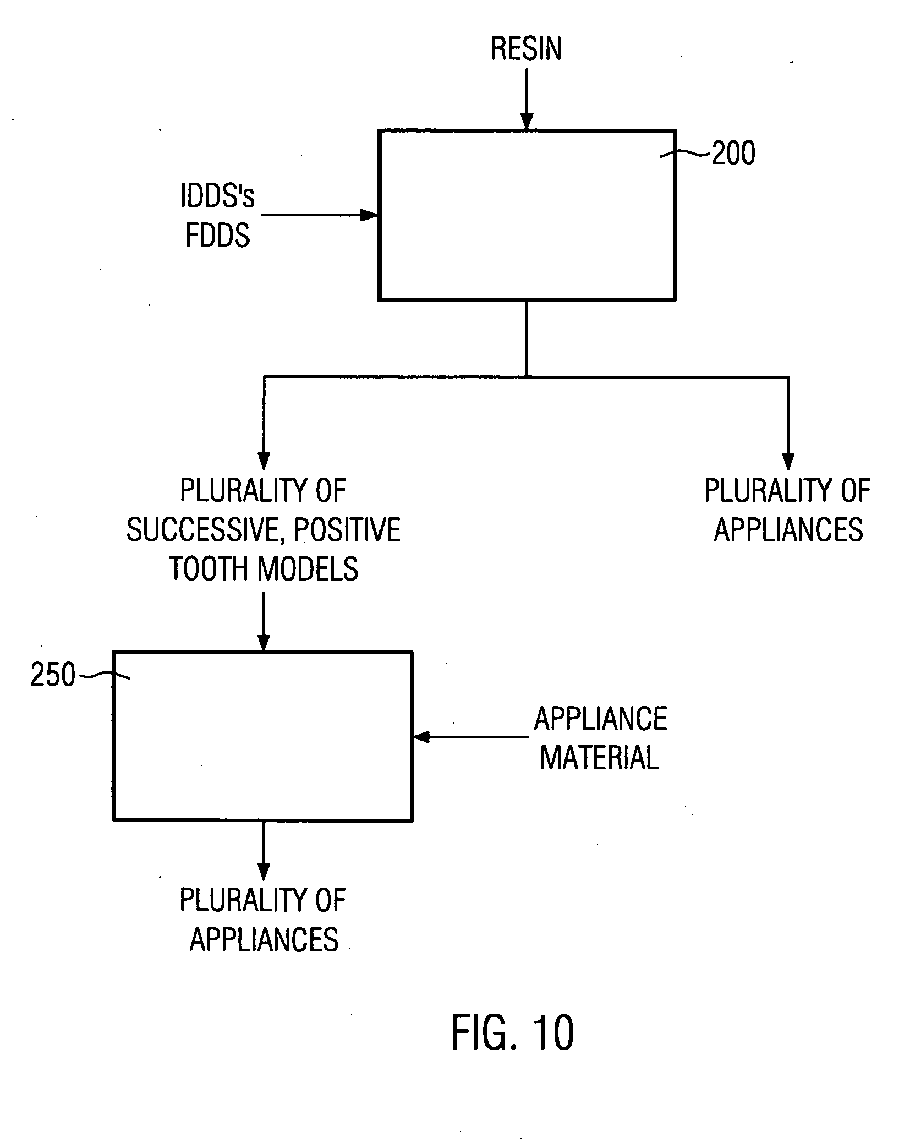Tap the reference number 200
pyautogui.click(x=733, y=153)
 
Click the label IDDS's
pyautogui.click(x=218, y=196)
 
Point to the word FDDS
pyautogui.click(x=218, y=235)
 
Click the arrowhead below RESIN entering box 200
pyautogui.click(x=527, y=121)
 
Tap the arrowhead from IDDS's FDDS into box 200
pyautogui.click(x=369, y=215)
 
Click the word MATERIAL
pyautogui.click(x=600, y=758)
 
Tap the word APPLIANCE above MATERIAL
pyautogui.click(x=601, y=719)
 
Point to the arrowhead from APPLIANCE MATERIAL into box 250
pyautogui.click(x=421, y=737)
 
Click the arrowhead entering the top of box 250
pyautogui.click(x=264, y=643)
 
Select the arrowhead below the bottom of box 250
pyautogui.click(x=264, y=872)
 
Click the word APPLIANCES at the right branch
pyautogui.click(x=788, y=530)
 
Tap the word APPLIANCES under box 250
pyautogui.click(x=264, y=939)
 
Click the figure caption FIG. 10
pyautogui.click(x=512, y=1033)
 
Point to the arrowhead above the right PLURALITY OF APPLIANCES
pyautogui.click(x=788, y=461)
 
